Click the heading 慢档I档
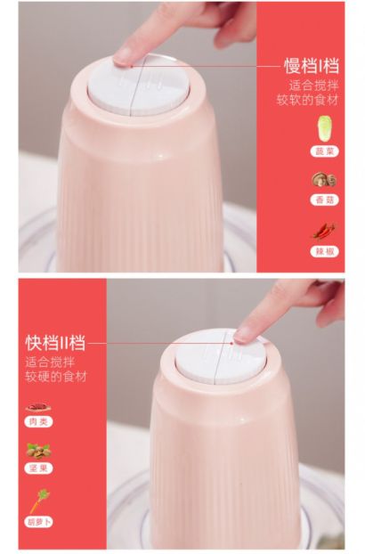(x=312, y=66)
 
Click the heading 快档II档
(x=55, y=343)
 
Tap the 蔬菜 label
(x=324, y=151)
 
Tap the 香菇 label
(x=324, y=200)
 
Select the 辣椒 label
(x=324, y=251)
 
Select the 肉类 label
(x=38, y=422)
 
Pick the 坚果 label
(x=38, y=468)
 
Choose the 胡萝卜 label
(x=38, y=522)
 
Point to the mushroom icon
(x=324, y=180)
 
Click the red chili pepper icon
(x=324, y=231)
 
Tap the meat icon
(x=38, y=407)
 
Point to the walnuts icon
(x=38, y=452)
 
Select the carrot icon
(x=39, y=501)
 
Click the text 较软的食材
(x=307, y=100)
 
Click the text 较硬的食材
(x=56, y=377)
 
